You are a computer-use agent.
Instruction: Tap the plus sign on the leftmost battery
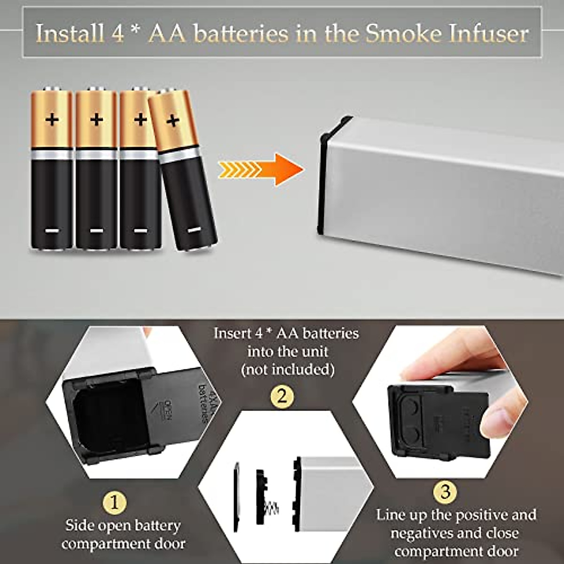point(52,119)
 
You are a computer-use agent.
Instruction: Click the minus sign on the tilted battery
point(194,230)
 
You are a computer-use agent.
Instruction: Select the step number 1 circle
point(115,503)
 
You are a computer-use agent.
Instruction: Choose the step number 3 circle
point(445,492)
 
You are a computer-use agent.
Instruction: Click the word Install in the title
point(70,34)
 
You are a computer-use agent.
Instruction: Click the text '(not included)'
point(288,370)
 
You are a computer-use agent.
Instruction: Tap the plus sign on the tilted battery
point(172,121)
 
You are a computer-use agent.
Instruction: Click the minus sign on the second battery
point(96,231)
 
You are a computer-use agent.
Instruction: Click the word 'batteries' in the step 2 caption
point(330,334)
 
